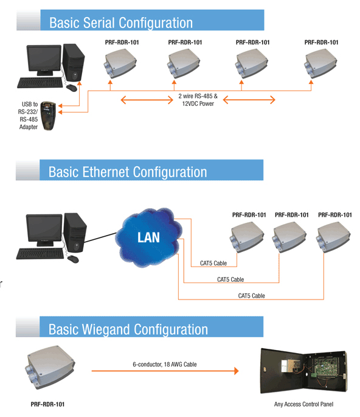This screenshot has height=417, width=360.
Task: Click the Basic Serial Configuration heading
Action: (120, 23)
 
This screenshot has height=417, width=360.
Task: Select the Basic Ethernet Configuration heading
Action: (128, 172)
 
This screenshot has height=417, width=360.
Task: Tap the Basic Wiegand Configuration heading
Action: (128, 329)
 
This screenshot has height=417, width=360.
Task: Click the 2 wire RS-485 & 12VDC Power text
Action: (198, 100)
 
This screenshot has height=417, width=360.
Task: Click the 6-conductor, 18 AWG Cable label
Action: (164, 364)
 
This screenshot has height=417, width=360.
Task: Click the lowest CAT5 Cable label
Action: (251, 295)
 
